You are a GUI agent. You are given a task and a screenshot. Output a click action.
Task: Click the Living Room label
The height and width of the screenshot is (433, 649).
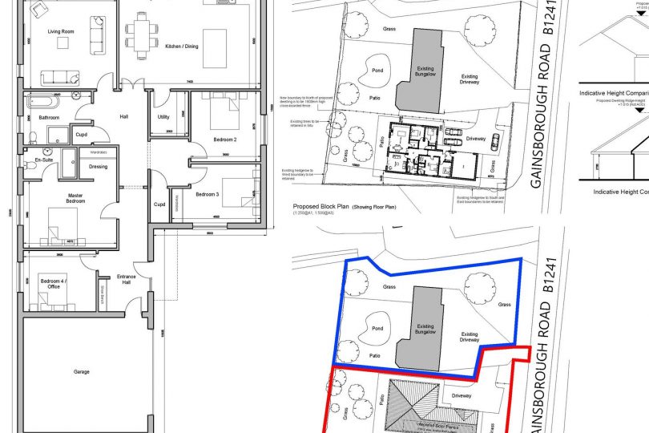[x=60, y=31]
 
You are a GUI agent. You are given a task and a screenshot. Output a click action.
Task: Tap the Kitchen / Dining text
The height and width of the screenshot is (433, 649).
[x=181, y=46]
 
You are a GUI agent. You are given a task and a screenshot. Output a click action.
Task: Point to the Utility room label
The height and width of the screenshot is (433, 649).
[x=163, y=117]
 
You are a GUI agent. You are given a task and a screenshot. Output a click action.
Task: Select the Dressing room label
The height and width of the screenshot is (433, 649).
[x=99, y=167]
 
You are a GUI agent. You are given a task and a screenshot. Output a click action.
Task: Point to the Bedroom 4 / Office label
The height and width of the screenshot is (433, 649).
[x=54, y=283]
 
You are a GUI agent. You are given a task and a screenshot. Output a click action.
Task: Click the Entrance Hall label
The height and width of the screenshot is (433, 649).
[x=127, y=279]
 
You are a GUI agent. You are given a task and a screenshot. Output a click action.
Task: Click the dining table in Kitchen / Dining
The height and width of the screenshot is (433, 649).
[x=143, y=36]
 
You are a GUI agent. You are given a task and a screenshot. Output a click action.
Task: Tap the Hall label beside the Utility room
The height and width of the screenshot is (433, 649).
[x=124, y=117]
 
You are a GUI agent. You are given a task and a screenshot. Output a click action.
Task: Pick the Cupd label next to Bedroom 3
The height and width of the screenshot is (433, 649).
[x=159, y=204]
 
